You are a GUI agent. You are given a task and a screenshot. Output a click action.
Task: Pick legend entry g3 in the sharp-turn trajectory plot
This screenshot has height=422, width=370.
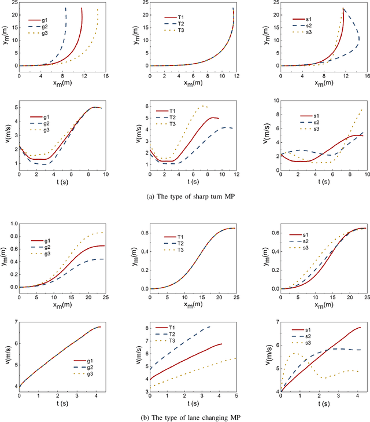tap(53, 34)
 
